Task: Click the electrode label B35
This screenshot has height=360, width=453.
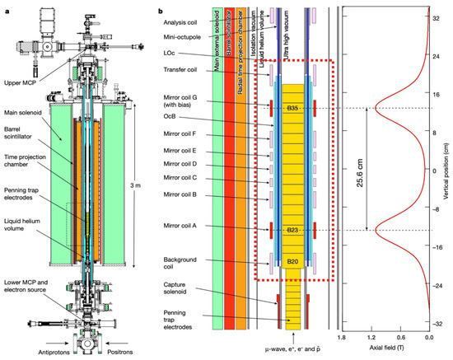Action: (x=292, y=109)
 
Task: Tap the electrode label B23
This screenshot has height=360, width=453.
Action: (x=292, y=230)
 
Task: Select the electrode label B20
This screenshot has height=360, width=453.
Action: (x=292, y=261)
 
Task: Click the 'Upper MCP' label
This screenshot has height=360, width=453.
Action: (x=20, y=83)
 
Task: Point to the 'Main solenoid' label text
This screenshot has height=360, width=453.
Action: (x=23, y=113)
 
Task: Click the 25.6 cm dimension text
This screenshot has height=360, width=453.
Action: (x=360, y=173)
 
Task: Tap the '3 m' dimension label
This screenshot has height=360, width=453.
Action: (x=135, y=185)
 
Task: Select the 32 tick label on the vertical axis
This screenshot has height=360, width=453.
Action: (x=436, y=18)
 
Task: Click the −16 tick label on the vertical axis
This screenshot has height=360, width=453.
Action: (x=435, y=248)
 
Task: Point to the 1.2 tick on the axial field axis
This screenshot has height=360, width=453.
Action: (x=371, y=337)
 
